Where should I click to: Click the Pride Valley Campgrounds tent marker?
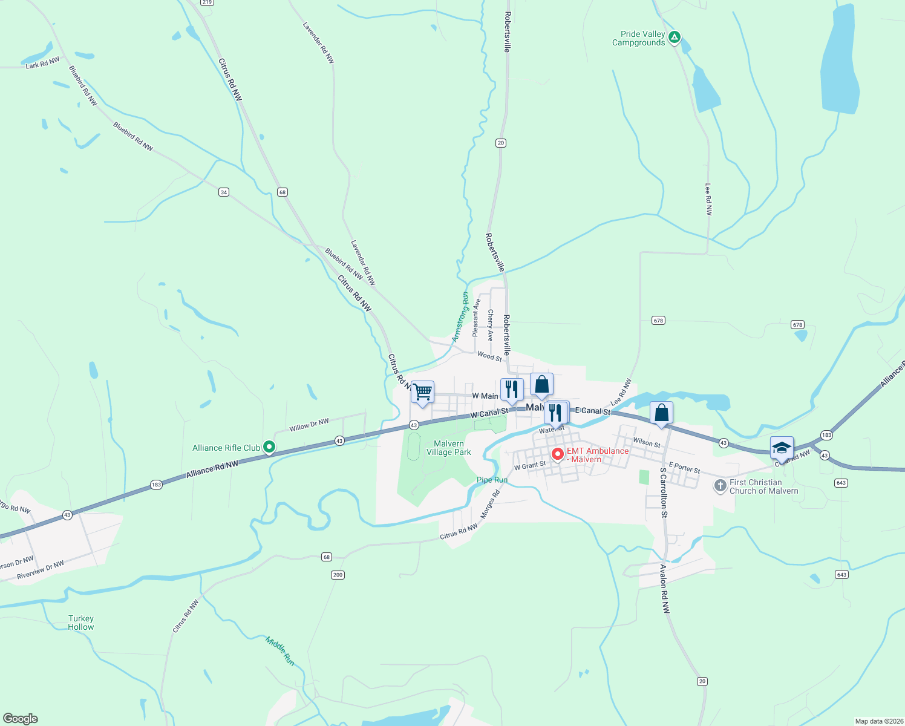[675, 38]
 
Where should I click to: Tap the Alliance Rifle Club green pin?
[270, 448]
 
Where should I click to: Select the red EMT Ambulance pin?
[558, 454]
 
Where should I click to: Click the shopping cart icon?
[422, 391]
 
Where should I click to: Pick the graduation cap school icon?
[782, 448]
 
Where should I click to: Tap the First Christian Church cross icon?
[720, 486]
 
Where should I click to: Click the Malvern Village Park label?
[449, 448]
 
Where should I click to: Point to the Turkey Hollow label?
[81, 623]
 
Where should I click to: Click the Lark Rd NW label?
[42, 63]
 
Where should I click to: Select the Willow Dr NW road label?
[309, 425]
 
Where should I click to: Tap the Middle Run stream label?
[280, 651]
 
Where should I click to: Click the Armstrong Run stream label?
[461, 316]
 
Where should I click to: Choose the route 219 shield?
[207, 2]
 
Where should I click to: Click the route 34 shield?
[224, 192]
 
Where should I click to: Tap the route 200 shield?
[338, 575]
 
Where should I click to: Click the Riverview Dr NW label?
[41, 570]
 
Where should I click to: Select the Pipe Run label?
[492, 480]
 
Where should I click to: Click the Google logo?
[21, 719]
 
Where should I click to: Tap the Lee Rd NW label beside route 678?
[708, 200]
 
